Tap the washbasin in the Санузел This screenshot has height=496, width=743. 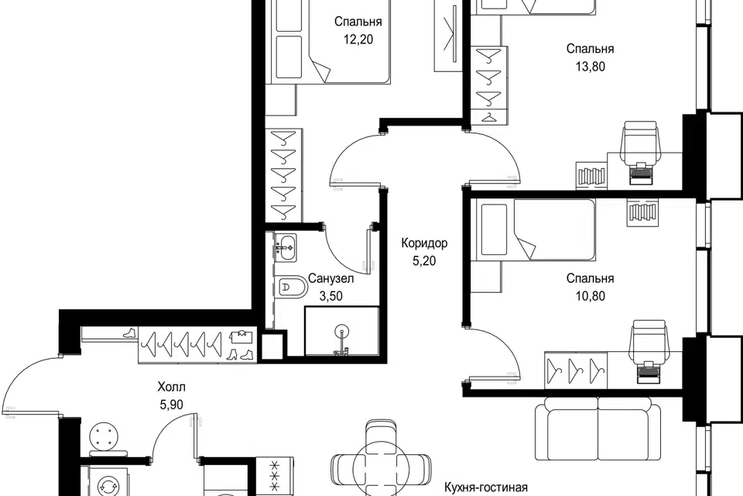(x=286, y=246)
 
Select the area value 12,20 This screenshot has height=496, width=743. (x=358, y=40)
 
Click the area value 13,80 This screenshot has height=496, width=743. (x=591, y=67)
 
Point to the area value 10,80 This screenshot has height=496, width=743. (x=591, y=296)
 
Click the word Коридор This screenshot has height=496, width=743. (x=424, y=243)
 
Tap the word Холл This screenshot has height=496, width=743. (x=172, y=387)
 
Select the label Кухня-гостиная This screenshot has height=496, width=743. (x=486, y=487)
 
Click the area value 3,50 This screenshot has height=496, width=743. (x=330, y=297)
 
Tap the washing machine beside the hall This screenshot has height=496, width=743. (x=104, y=481)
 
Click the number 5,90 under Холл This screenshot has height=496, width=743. (x=172, y=405)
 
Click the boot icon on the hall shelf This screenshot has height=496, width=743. (x=129, y=332)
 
